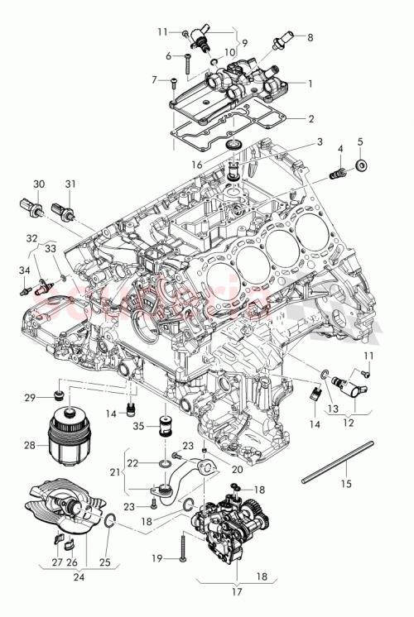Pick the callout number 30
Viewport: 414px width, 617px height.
tap(39, 183)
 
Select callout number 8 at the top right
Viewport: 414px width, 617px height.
tap(310, 37)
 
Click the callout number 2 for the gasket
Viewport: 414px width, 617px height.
tap(310, 119)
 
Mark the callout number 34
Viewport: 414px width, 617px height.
tap(22, 270)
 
